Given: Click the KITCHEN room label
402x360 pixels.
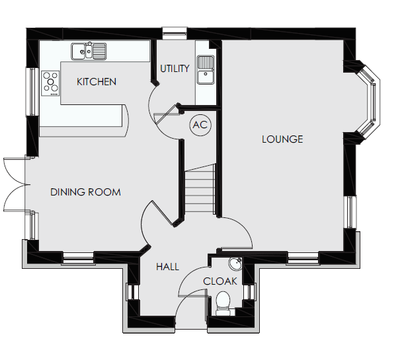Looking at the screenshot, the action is [x=97, y=82].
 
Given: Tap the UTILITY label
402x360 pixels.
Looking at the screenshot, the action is [x=175, y=69].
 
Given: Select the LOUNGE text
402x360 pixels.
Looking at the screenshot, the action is [x=282, y=139].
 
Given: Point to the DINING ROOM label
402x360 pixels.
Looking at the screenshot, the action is [x=85, y=192].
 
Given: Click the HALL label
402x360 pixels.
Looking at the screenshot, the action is [x=167, y=267].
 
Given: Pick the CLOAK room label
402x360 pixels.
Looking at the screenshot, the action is [x=220, y=281].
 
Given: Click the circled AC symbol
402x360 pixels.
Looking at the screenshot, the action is [x=200, y=126].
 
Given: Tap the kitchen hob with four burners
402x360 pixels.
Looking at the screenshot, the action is [x=50, y=83].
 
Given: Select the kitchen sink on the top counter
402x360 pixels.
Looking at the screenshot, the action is [x=89, y=52].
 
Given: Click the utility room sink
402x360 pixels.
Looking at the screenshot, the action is [x=206, y=69].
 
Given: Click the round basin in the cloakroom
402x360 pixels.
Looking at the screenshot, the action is [x=235, y=264].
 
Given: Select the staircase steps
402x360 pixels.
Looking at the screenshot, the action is [x=200, y=188].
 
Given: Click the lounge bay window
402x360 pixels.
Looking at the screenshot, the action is [x=368, y=100].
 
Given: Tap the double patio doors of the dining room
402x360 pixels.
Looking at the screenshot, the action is [x=15, y=184].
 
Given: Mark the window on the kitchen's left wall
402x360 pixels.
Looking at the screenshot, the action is [x=32, y=91].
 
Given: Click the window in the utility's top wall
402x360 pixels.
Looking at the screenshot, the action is [x=175, y=33].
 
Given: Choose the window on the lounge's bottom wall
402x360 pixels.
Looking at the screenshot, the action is [x=303, y=258].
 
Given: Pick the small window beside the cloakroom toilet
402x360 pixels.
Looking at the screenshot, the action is [x=249, y=292].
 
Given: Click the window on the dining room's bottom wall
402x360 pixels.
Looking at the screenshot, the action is [x=78, y=258].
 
